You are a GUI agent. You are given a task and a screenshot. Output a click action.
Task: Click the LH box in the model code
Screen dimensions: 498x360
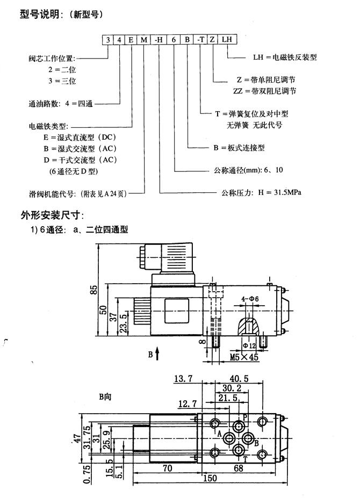coord(227,39)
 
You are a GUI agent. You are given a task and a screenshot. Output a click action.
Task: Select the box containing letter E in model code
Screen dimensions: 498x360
coord(132,39)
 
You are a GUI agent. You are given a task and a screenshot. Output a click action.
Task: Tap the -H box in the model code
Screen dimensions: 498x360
coord(160,39)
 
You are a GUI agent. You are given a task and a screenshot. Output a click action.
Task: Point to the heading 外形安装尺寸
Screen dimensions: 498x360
coord(52,215)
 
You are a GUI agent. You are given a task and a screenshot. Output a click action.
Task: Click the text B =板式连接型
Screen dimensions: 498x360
coord(239,147)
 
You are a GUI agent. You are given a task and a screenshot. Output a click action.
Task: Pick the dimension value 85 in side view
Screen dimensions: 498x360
coord(95,290)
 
